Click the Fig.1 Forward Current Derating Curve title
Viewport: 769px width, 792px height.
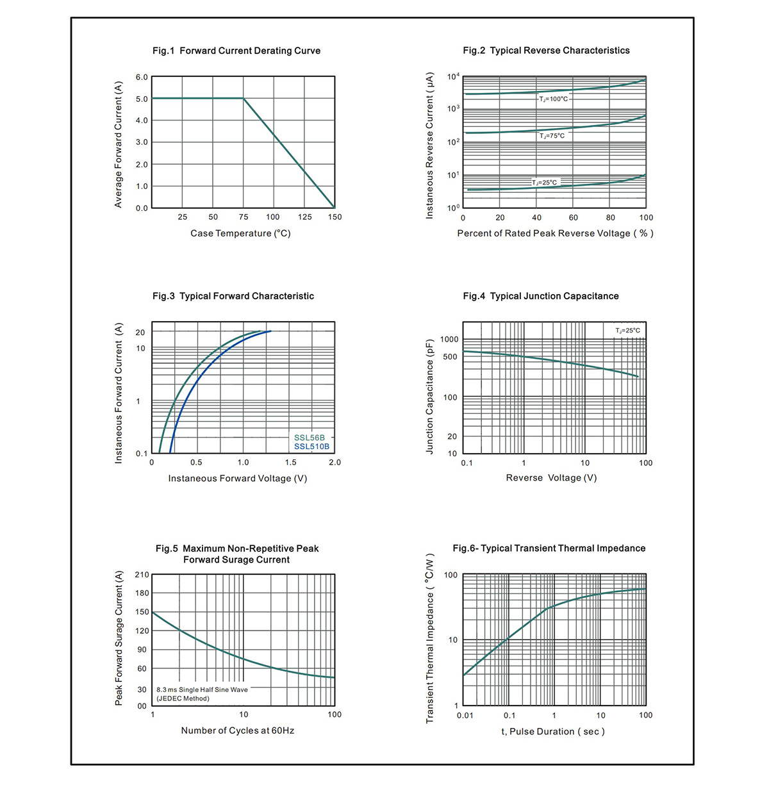(x=236, y=51)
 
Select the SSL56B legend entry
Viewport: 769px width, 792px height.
(x=310, y=438)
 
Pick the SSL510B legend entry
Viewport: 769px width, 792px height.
(x=311, y=447)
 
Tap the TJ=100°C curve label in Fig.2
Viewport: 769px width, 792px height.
(x=553, y=99)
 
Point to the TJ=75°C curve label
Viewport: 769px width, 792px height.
(x=552, y=136)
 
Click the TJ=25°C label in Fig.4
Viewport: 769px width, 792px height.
(x=627, y=331)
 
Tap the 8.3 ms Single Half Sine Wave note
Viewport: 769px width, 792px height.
(x=202, y=689)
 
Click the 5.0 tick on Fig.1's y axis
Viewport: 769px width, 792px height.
(x=142, y=99)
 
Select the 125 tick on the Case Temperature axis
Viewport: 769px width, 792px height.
(x=304, y=217)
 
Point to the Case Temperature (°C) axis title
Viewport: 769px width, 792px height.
(x=240, y=233)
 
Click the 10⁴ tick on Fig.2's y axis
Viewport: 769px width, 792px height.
(x=453, y=76)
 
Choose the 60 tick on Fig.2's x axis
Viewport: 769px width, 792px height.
(x=573, y=217)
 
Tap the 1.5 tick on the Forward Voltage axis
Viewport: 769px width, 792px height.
(x=291, y=463)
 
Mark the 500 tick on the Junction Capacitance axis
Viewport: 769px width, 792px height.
(x=451, y=356)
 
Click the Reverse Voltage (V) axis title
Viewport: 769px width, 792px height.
(x=551, y=477)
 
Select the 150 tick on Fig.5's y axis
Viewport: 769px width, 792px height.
(x=142, y=612)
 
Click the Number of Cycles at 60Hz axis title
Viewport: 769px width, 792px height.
(x=237, y=730)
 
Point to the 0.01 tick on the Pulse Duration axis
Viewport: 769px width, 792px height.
(x=465, y=716)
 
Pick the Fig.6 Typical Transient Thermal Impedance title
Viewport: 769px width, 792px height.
(x=549, y=549)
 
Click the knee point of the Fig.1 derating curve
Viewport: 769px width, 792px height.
(x=244, y=98)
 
